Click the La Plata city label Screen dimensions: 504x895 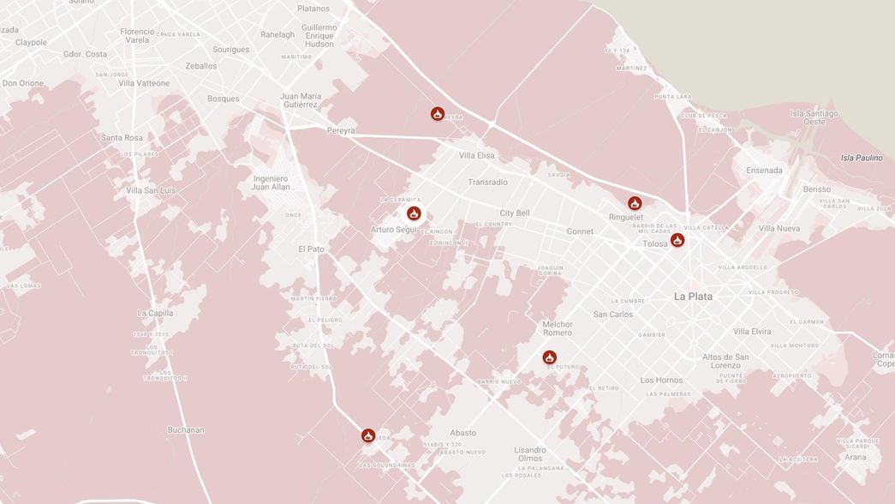tap(693, 297)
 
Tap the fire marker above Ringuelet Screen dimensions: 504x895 tap(635, 203)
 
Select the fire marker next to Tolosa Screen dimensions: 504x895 tap(677, 240)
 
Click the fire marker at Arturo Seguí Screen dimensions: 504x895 tap(414, 213)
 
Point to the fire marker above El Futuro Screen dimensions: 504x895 tap(550, 357)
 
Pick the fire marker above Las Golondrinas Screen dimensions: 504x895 tap(368, 435)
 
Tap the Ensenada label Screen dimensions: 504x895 tap(764, 170)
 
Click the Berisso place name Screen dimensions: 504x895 tap(817, 189)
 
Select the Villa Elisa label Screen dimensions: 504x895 tap(477, 155)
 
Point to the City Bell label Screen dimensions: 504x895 tap(515, 213)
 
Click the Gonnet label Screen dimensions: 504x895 tap(580, 231)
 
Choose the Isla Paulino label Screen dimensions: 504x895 tap(861, 158)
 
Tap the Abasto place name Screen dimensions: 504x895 tap(462, 433)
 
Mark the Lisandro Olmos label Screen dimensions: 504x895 tap(530, 454)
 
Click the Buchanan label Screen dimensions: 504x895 tap(186, 429)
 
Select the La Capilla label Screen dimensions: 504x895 tap(155, 313)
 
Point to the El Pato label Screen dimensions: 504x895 tap(311, 249)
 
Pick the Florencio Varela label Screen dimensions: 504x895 tap(137, 36)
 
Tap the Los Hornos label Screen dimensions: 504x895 tap(661, 380)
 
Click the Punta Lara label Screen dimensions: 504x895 tap(672, 97)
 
